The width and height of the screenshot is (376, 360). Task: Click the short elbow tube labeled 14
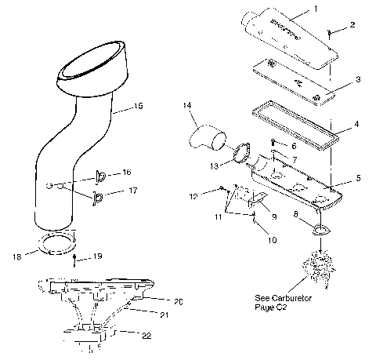click(x=205, y=141)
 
